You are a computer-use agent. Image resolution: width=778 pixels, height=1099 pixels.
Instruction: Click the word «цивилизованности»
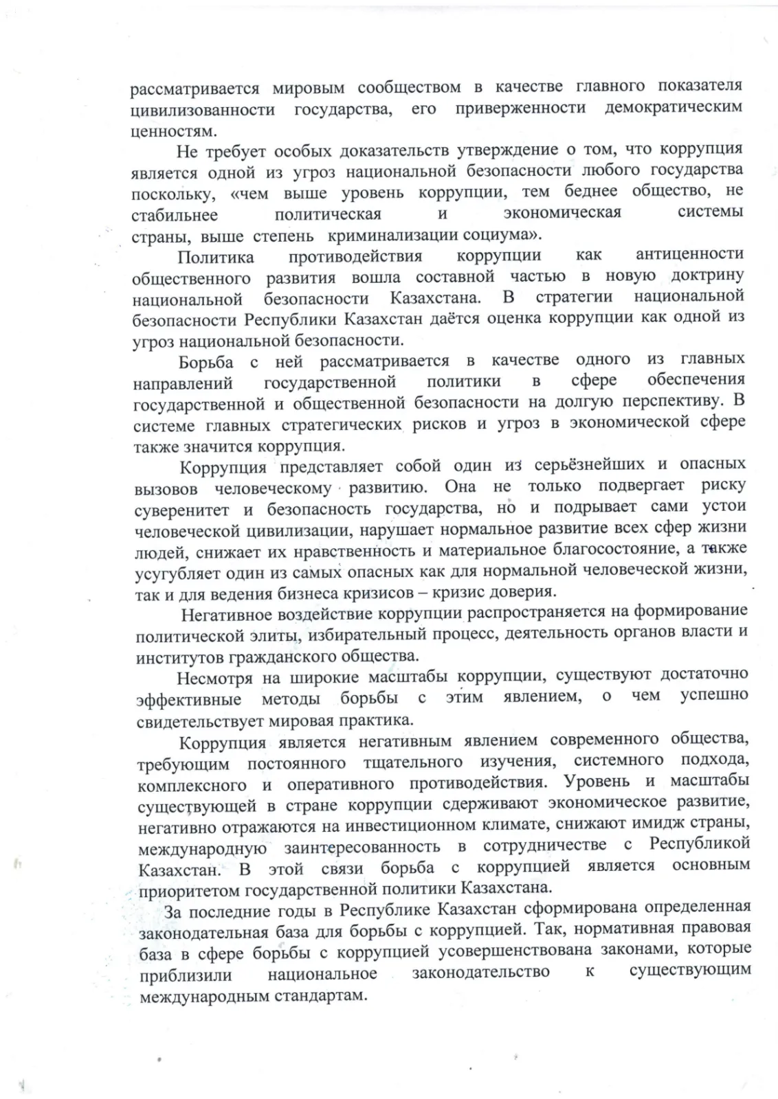[x=203, y=110]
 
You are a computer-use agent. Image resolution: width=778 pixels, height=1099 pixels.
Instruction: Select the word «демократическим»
[x=674, y=108]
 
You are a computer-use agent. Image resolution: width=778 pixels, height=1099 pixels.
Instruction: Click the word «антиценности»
[x=689, y=255]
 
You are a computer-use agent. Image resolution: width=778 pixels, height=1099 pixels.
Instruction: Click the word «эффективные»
[x=188, y=700]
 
